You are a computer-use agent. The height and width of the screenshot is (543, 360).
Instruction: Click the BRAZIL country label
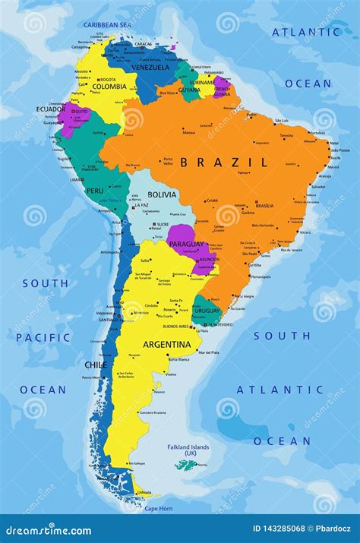(224, 162)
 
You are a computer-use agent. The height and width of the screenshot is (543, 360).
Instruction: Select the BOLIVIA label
(162, 194)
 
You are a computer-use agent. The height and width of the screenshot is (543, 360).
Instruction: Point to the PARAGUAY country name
(186, 244)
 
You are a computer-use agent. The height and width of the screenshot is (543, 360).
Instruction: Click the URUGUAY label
(206, 311)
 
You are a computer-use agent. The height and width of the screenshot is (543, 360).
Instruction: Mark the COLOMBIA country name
(109, 86)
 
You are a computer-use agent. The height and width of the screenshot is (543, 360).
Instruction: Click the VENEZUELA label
(150, 67)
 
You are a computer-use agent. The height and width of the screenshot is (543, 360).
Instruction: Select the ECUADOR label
(50, 108)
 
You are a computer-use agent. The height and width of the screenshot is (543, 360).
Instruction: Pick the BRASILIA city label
(264, 206)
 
